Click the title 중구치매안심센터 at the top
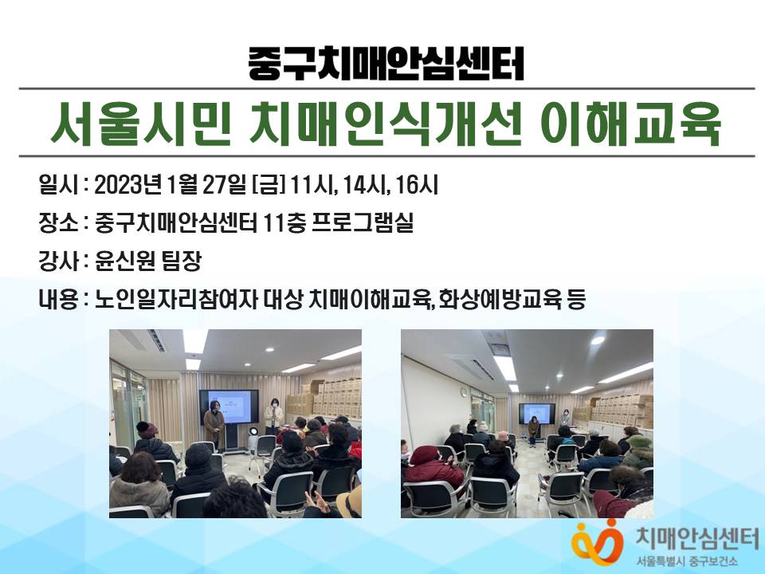point(386,64)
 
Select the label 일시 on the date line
point(58,185)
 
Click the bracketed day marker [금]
point(269,186)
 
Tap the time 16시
point(417,185)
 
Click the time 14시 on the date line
point(364,185)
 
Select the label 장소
point(58,223)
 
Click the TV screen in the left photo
point(229,407)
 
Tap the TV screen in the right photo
point(536,414)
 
